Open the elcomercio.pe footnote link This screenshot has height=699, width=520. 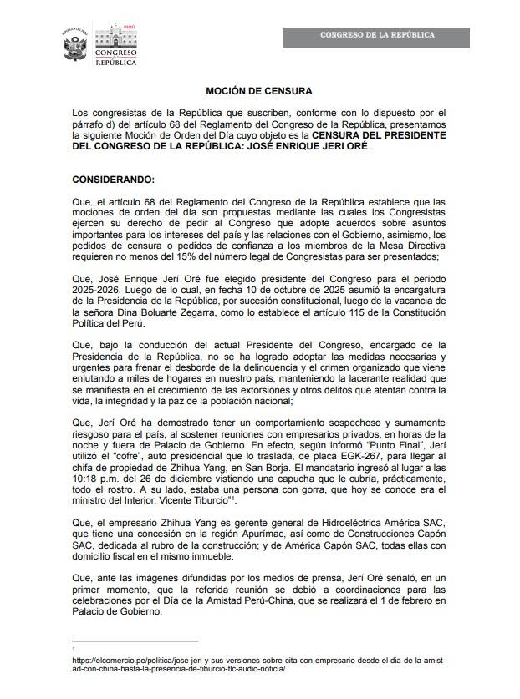(x=259, y=665)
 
